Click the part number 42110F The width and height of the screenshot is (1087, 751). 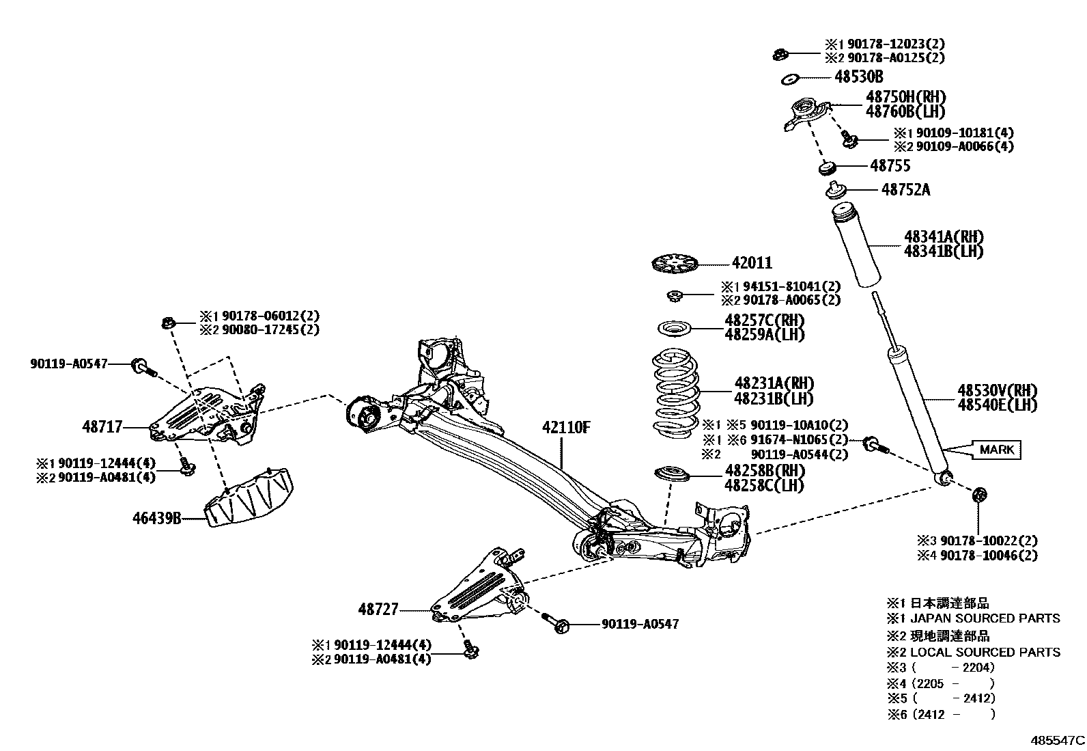[566, 428]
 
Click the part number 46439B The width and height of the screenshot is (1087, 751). [156, 518]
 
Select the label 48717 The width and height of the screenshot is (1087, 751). [102, 427]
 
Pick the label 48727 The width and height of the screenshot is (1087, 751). [378, 608]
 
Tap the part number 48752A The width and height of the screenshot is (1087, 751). [905, 189]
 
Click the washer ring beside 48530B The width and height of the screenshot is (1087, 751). [789, 79]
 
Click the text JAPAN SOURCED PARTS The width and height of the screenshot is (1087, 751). [985, 618]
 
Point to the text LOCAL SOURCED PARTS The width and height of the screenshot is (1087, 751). [985, 652]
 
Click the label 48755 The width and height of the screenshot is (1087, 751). [890, 165]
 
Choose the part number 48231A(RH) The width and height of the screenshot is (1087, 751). [774, 383]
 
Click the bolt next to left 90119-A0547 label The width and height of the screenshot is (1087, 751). [143, 367]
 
